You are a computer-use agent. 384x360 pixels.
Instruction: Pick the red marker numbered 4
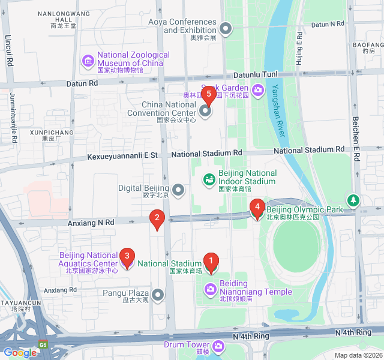coord(257,209)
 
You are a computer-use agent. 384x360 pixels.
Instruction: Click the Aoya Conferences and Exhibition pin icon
coord(226,28)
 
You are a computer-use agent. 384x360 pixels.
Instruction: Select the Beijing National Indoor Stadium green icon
coord(209,178)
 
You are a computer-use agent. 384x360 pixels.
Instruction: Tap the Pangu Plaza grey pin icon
coord(158,294)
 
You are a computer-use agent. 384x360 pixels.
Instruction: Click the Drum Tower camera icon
coord(218,346)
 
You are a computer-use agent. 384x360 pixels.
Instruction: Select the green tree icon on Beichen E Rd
coord(354,200)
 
